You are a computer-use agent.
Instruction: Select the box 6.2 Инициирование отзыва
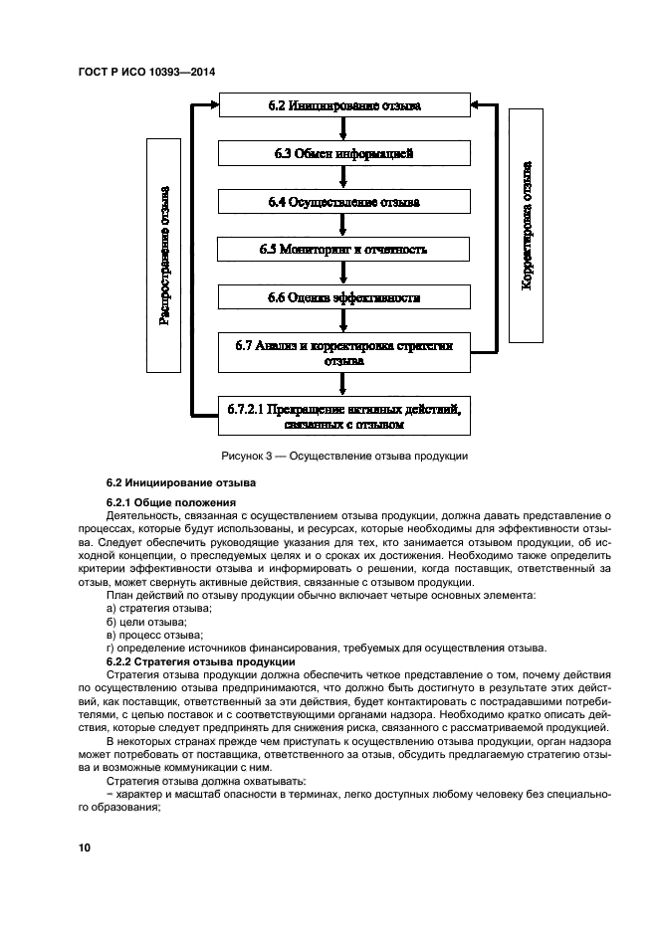(343, 104)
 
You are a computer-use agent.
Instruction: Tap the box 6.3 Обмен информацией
(343, 153)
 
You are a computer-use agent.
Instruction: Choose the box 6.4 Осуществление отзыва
(343, 201)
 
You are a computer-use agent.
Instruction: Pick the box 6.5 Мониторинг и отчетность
(343, 250)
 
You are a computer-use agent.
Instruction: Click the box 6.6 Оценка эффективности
(343, 297)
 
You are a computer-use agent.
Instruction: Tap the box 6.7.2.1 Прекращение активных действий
(343, 416)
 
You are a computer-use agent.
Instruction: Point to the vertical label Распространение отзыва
(164, 256)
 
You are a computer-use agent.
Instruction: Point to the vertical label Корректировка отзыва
(527, 224)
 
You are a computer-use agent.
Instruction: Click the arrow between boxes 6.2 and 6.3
(343, 129)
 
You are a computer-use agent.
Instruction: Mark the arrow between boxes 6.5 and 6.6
(343, 274)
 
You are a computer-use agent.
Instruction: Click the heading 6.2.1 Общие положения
(170, 502)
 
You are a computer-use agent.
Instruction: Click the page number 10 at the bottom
(84, 847)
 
